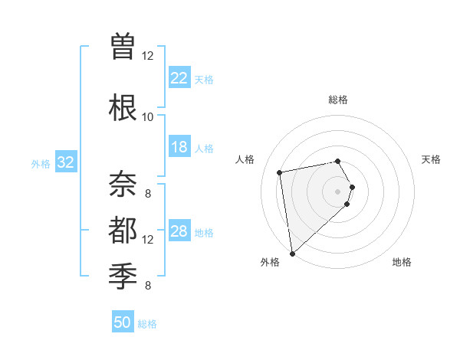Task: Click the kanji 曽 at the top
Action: (x=123, y=47)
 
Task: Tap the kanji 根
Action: (x=123, y=107)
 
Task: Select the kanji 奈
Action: (x=123, y=184)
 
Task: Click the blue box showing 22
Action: (x=179, y=77)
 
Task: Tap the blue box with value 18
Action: (x=179, y=147)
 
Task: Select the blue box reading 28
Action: (x=179, y=231)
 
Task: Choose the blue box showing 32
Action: (x=66, y=162)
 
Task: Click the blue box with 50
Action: (x=123, y=322)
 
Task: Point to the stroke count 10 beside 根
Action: (x=147, y=116)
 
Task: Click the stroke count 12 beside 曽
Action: (x=147, y=55)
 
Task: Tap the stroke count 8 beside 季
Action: (x=147, y=286)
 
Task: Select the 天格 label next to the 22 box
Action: (x=204, y=79)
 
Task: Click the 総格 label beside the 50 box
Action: (x=147, y=324)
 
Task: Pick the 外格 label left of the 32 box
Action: (x=41, y=163)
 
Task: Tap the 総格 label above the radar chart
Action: (x=338, y=100)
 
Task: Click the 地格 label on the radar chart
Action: (x=402, y=263)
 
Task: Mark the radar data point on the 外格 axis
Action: (x=292, y=253)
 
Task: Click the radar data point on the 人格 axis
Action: (x=280, y=172)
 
